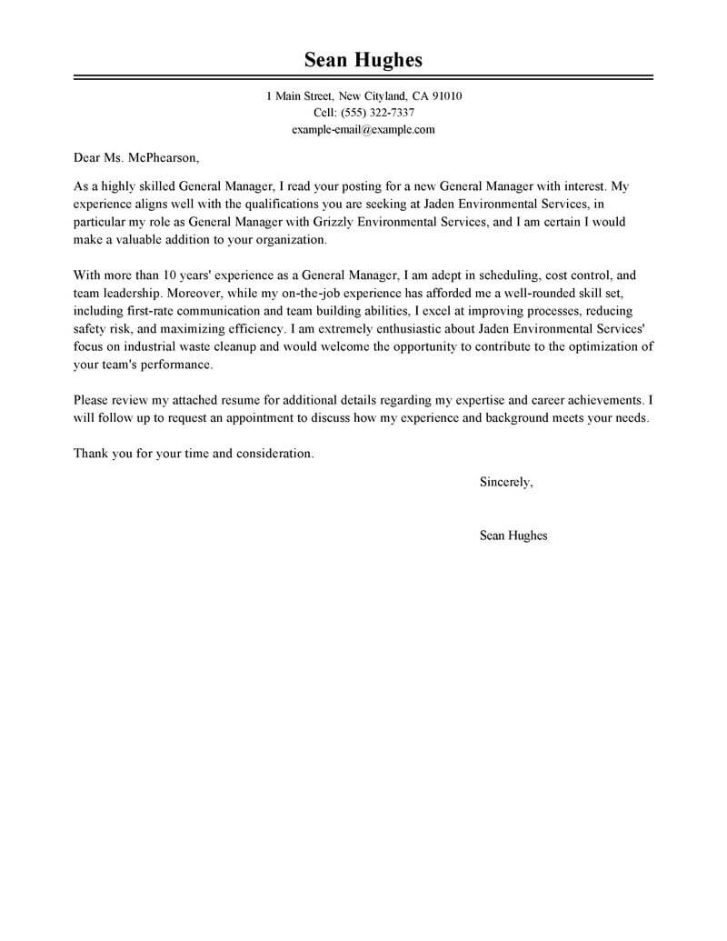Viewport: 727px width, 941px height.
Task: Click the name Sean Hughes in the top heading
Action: pyautogui.click(x=363, y=60)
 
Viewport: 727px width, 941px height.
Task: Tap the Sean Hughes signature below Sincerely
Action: pyautogui.click(x=513, y=536)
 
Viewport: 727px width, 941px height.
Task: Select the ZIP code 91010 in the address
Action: pyautogui.click(x=446, y=95)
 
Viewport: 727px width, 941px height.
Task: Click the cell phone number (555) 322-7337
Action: pyautogui.click(x=377, y=113)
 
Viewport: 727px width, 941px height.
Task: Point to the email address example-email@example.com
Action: pyautogui.click(x=363, y=129)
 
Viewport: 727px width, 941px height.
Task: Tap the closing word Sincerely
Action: pyautogui.click(x=505, y=482)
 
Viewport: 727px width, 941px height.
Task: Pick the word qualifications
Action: pyautogui.click(x=279, y=204)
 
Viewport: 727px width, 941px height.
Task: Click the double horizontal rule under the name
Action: pyautogui.click(x=363, y=78)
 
